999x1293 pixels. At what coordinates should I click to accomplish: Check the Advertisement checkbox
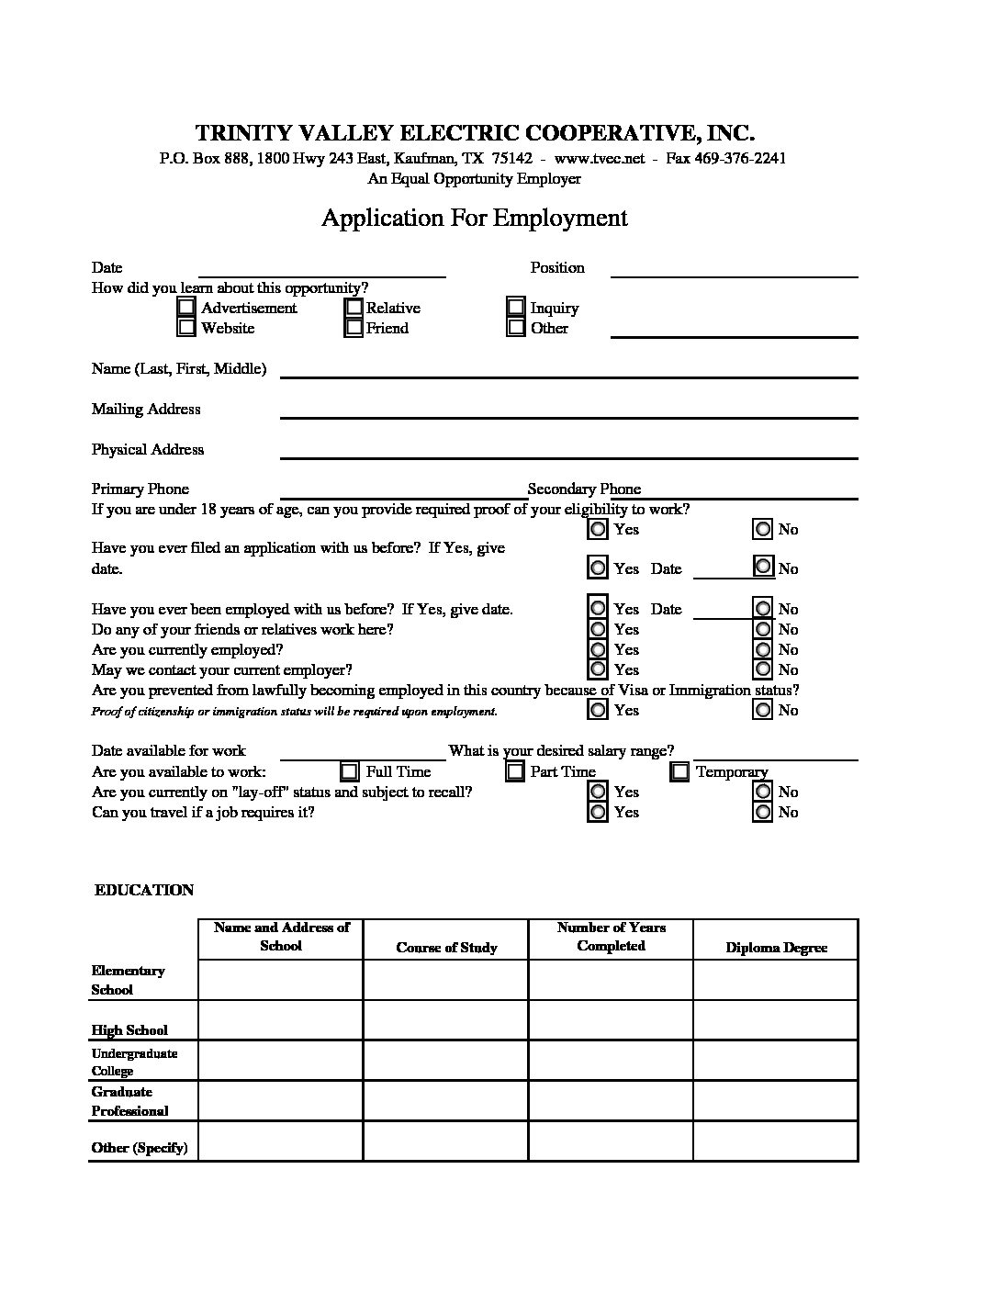(186, 307)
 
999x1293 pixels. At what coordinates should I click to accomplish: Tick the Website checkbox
(186, 327)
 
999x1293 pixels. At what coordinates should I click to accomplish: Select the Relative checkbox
(354, 307)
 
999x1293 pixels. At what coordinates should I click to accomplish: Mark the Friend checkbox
(354, 327)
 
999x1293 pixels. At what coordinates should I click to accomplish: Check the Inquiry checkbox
(516, 307)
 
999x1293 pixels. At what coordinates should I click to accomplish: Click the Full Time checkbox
(350, 771)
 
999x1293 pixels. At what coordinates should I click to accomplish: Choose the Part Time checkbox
(515, 771)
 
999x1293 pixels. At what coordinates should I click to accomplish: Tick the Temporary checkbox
(679, 771)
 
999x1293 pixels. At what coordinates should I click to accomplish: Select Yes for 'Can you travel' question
(598, 812)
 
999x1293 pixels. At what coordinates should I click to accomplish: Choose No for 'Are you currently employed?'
(763, 649)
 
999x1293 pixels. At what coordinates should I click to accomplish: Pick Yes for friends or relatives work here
(598, 629)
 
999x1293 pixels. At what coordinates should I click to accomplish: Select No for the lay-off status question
(763, 792)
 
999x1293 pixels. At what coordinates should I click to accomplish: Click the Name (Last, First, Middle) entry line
(568, 369)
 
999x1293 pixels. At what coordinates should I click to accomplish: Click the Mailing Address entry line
(568, 410)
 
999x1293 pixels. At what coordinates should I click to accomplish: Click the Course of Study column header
(446, 948)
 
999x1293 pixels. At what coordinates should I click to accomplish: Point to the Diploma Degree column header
(776, 948)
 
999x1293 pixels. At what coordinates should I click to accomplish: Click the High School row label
(129, 1030)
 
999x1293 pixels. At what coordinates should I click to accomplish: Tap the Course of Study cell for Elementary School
(445, 980)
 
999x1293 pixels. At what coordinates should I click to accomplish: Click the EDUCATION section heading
(144, 890)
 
